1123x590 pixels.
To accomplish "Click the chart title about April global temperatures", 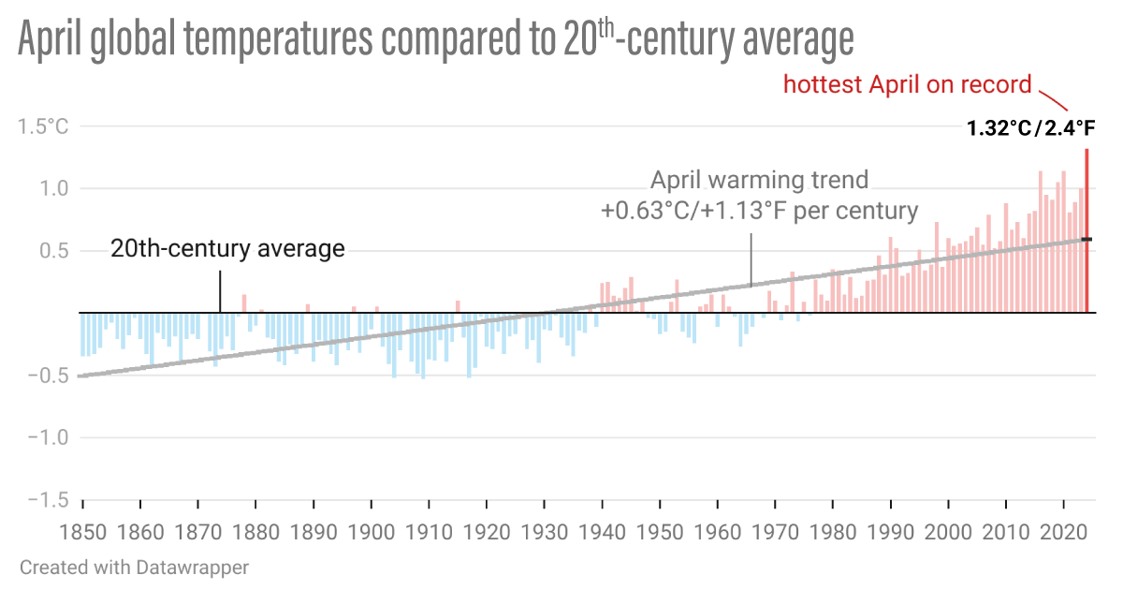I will pyautogui.click(x=436, y=41).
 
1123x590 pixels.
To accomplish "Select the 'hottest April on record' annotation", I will pyautogui.click(x=908, y=85).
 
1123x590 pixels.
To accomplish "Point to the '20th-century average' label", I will pyautogui.click(x=227, y=249).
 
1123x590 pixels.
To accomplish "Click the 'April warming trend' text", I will pyautogui.click(x=759, y=180).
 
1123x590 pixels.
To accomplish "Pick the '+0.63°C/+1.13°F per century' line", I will pyautogui.click(x=759, y=210).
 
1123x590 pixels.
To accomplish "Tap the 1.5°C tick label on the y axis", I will pyautogui.click(x=43, y=126).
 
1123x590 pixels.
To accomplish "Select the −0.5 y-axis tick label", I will pyautogui.click(x=45, y=376).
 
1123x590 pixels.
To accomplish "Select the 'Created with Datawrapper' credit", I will pyautogui.click(x=134, y=568).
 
